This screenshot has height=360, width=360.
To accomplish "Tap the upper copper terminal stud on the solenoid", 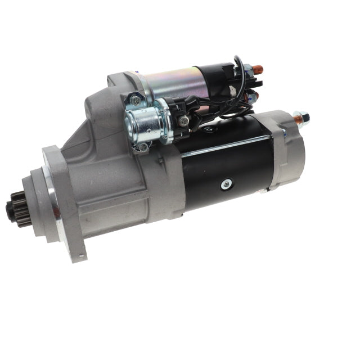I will (256, 71).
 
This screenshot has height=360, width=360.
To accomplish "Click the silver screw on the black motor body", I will (226, 183).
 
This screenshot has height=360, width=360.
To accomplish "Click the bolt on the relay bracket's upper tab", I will (135, 101).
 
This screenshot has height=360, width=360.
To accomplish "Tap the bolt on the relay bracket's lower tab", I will (143, 147).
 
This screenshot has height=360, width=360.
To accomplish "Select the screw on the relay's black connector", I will (184, 120).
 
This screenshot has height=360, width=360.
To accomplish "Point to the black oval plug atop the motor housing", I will (208, 129).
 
